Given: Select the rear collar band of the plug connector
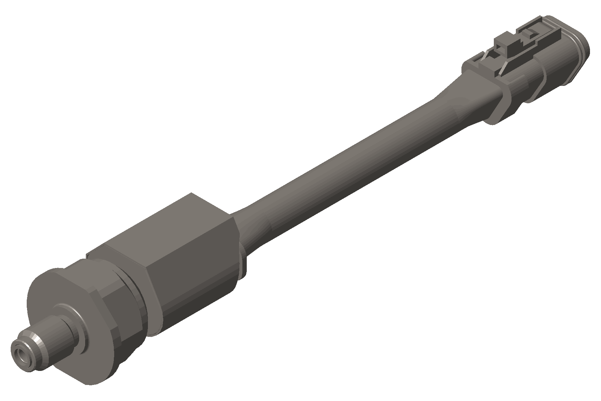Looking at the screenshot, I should point(504,100).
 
